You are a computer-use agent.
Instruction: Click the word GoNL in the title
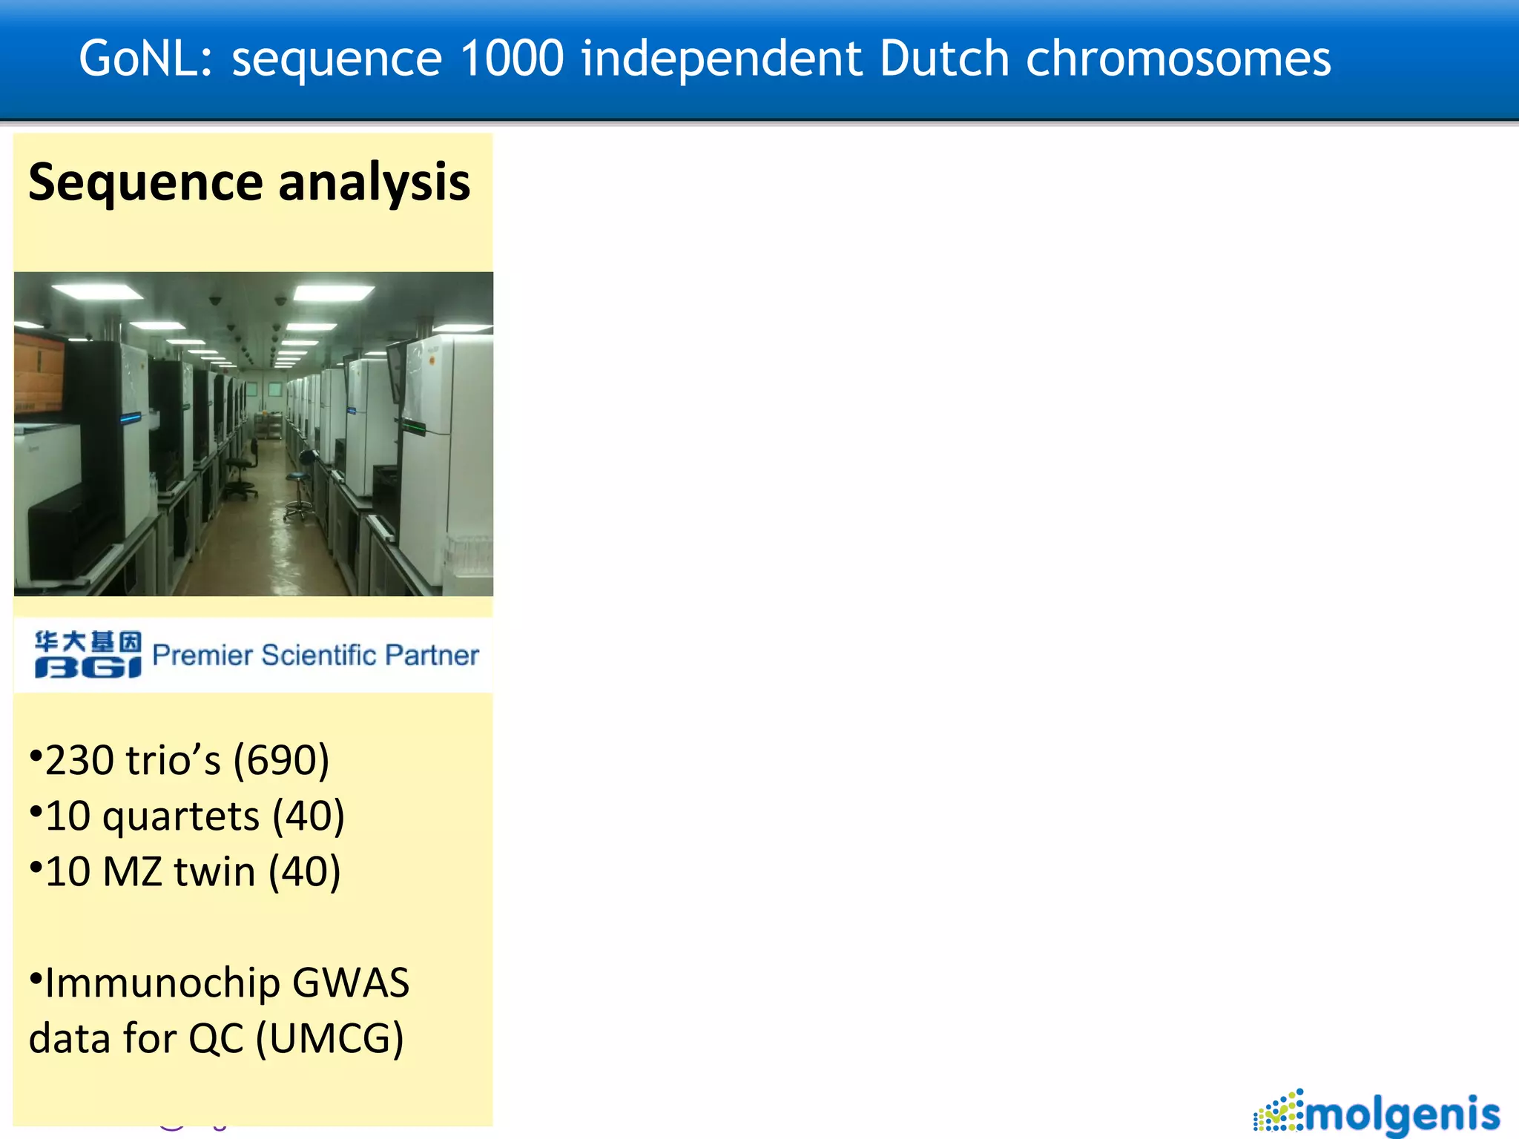[145, 59]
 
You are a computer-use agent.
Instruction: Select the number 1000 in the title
[512, 59]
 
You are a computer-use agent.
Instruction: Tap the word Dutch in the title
[943, 59]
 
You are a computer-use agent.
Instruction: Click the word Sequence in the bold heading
[145, 182]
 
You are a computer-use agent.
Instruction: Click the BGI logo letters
[88, 667]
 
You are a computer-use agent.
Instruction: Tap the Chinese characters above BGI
[88, 641]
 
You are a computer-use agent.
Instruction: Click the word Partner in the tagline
[432, 656]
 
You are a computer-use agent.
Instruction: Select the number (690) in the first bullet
[281, 760]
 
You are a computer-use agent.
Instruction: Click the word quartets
[180, 817]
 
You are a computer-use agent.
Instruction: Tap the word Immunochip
[161, 983]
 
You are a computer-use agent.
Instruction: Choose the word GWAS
[350, 983]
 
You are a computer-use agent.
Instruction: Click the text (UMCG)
[329, 1038]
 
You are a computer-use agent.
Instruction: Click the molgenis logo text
[1402, 1114]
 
